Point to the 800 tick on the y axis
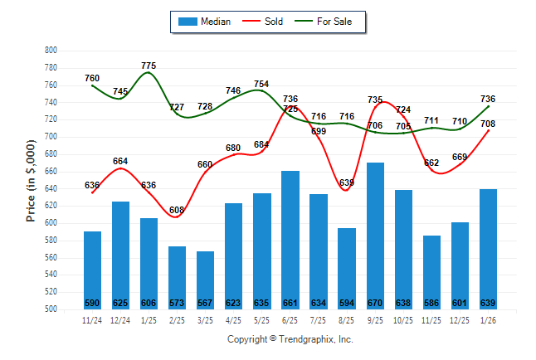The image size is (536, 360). point(50,51)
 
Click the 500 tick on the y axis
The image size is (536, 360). point(50,309)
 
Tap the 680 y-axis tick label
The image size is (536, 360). point(50,154)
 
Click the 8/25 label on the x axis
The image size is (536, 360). point(347,321)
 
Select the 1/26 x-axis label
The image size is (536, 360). point(488,321)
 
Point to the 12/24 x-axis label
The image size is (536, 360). point(120,321)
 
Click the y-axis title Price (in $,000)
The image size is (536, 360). point(31,180)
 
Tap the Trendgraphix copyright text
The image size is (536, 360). point(290,339)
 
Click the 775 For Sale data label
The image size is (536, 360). point(149,66)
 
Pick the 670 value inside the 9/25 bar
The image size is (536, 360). point(375,303)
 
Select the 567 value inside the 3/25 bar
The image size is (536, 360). point(205,303)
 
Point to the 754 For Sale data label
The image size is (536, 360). point(261,84)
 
